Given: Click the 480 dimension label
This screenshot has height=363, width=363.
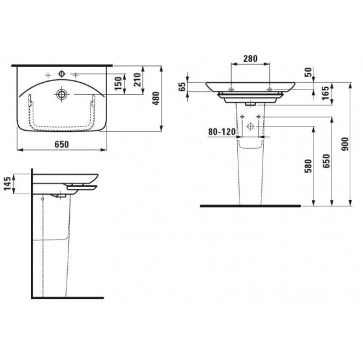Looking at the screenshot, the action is pyautogui.click(x=157, y=98).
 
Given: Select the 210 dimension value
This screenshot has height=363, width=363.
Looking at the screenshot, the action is pyautogui.click(x=138, y=80).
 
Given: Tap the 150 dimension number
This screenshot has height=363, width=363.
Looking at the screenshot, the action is pyautogui.click(x=119, y=83).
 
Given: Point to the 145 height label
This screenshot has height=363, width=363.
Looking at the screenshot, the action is pyautogui.click(x=7, y=183).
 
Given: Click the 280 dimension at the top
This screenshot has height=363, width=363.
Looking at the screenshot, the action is pyautogui.click(x=250, y=59).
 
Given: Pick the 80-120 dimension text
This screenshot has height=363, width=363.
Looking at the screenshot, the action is pyautogui.click(x=222, y=132).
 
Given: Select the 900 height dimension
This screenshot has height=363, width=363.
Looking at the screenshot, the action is pyautogui.click(x=345, y=144).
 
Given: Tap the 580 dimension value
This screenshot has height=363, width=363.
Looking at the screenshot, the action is pyautogui.click(x=309, y=166).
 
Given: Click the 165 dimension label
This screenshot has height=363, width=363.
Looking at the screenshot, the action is pyautogui.click(x=325, y=93).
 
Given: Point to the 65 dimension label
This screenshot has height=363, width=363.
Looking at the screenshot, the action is pyautogui.click(x=183, y=87).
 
